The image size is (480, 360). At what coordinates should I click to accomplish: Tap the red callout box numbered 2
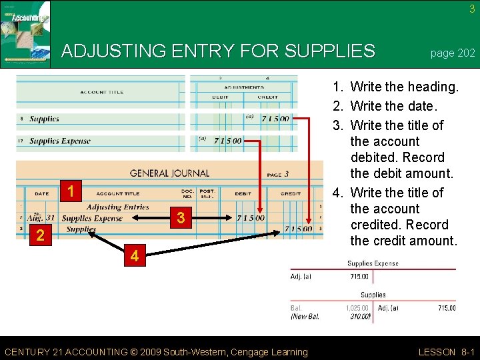pyautogui.click(x=41, y=235)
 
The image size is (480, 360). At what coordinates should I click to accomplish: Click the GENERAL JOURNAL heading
pyautogui.click(x=169, y=173)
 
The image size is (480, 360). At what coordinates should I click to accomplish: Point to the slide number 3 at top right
pyautogui.click(x=472, y=9)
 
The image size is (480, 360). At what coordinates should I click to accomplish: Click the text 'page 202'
pyautogui.click(x=453, y=53)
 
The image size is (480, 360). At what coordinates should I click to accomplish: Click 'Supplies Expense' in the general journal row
pyautogui.click(x=92, y=218)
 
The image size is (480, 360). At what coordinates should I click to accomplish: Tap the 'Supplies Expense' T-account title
pyautogui.click(x=373, y=263)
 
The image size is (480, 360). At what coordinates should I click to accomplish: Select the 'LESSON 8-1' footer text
pyautogui.click(x=447, y=352)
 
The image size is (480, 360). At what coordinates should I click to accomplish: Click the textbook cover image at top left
pyautogui.click(x=25, y=34)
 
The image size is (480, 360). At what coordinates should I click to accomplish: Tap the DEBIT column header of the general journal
pyautogui.click(x=243, y=194)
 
